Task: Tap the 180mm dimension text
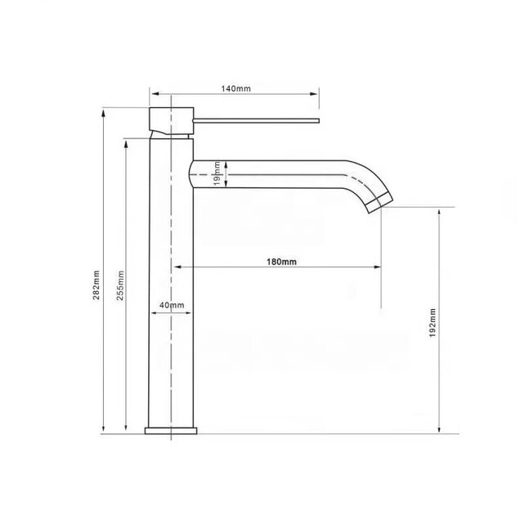point(281,262)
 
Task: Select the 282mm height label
point(96,285)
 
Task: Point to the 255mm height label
point(120,285)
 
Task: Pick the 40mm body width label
point(172,305)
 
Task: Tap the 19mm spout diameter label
point(218,173)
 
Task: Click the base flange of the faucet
point(172,430)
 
